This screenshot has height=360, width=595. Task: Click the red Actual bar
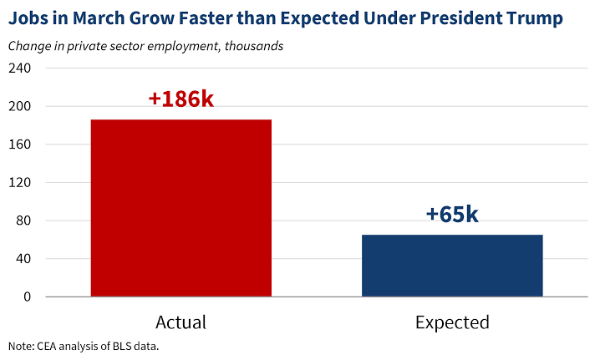(x=181, y=208)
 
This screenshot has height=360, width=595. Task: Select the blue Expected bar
(x=452, y=266)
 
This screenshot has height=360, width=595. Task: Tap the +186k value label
(x=181, y=99)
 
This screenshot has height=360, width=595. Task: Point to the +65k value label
(x=452, y=214)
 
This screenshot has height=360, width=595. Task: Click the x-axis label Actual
(x=181, y=322)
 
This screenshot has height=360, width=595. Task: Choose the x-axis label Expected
(x=452, y=322)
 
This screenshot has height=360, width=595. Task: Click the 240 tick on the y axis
(x=19, y=68)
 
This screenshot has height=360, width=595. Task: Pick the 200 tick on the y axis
(x=19, y=106)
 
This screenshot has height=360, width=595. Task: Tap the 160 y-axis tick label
(x=19, y=145)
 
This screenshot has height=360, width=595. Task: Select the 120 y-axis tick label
(x=19, y=183)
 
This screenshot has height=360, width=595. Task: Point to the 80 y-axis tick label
(x=23, y=221)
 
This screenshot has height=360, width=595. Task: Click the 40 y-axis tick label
(x=23, y=259)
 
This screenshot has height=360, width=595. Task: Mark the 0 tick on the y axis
(x=27, y=297)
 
